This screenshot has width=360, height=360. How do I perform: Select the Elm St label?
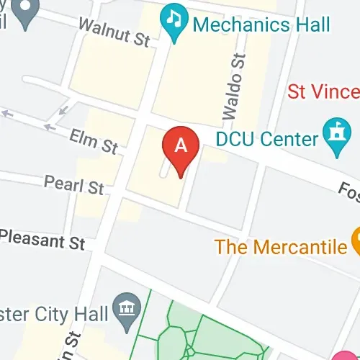coord(94,141)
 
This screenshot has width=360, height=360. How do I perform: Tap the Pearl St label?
coord(74,185)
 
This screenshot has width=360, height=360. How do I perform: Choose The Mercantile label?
coord(281,248)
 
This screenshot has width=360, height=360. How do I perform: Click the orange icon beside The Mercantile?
coord(356,241)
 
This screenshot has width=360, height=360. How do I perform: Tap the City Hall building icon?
coord(127,307)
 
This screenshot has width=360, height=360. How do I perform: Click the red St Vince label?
coord(323,91)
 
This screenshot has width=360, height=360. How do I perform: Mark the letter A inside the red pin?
coord(181,145)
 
